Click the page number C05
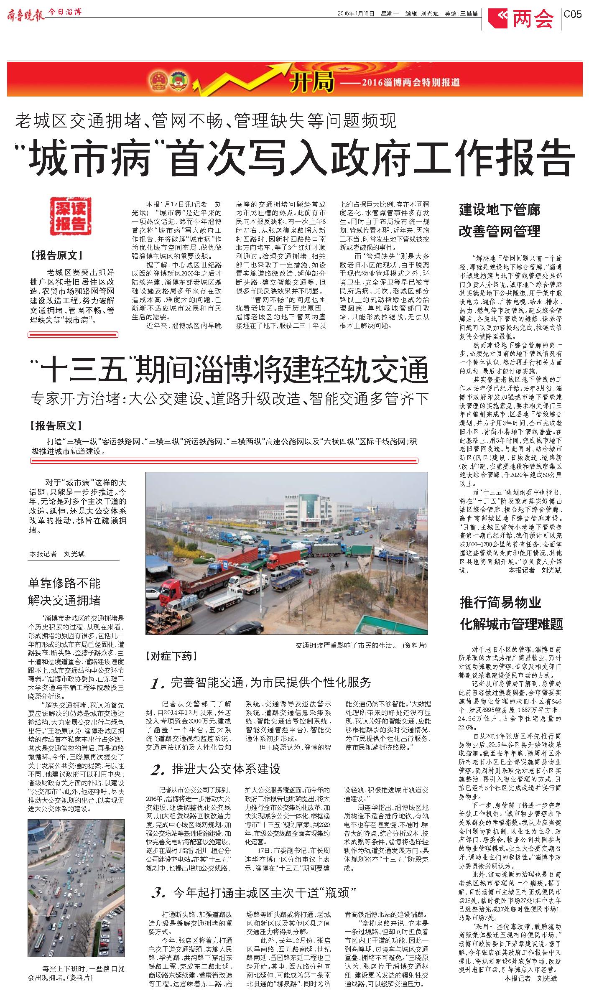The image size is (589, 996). [x=573, y=14]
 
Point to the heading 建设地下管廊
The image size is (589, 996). [x=499, y=210]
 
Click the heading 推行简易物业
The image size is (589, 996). [x=500, y=602]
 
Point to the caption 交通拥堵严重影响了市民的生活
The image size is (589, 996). [x=346, y=645]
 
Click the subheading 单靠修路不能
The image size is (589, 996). [x=64, y=583]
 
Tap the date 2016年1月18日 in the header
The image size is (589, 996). [x=355, y=13]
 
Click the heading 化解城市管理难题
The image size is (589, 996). [x=511, y=624]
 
